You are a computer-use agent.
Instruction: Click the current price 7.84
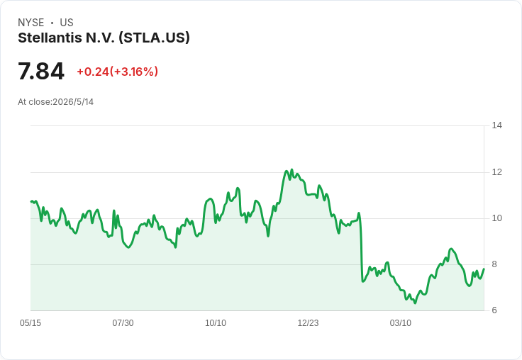[x=41, y=71]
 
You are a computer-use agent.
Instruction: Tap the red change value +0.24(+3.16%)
[x=118, y=72]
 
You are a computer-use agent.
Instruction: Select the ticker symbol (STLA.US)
[x=154, y=38]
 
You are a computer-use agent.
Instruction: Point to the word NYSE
[x=31, y=23]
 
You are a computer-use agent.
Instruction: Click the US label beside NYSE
[x=67, y=23]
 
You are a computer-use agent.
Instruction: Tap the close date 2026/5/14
[x=73, y=102]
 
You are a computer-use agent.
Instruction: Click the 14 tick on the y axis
[x=497, y=125]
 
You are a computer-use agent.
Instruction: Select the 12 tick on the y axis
[x=497, y=172]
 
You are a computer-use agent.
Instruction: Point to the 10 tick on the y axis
[x=497, y=218]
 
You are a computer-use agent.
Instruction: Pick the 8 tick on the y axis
[x=494, y=264]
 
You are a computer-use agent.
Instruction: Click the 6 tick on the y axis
[x=494, y=310]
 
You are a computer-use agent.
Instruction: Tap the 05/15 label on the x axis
[x=30, y=323]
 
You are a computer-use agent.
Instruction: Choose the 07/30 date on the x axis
[x=123, y=323]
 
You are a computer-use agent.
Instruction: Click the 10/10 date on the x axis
[x=216, y=323]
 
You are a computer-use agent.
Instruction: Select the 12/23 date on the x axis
[x=308, y=323]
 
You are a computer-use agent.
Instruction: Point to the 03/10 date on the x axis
[x=401, y=323]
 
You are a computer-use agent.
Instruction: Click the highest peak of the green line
[x=292, y=169]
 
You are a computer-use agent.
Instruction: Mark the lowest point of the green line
[x=415, y=303]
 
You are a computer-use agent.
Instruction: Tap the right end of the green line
[x=484, y=269]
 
